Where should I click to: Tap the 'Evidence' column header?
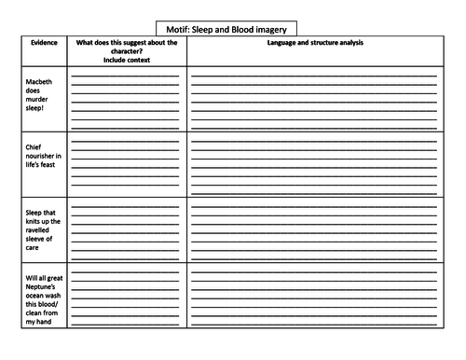(x=45, y=43)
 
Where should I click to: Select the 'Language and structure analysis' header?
(x=316, y=43)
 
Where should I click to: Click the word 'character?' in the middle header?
(x=125, y=51)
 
